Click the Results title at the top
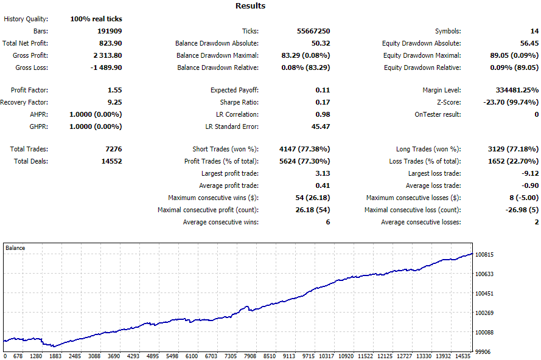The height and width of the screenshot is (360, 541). [251, 6]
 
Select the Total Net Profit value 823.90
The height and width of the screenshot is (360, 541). [110, 43]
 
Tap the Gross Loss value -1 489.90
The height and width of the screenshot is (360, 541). [106, 67]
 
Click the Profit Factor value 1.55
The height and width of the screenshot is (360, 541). [115, 90]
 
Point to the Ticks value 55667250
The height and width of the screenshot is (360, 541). [313, 31]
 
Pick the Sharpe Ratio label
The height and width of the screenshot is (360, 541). [239, 102]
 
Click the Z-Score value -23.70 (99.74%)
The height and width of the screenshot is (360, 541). [511, 102]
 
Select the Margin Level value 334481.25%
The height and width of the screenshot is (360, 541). [517, 90]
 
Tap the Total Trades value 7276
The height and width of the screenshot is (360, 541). [114, 149]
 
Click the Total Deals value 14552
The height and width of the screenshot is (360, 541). [112, 161]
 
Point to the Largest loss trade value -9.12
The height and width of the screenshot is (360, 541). [530, 173]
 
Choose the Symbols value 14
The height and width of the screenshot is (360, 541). [534, 31]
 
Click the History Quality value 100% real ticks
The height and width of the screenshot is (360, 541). [96, 19]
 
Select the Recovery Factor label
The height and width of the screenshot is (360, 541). [24, 102]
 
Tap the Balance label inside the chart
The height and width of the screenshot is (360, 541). [15, 248]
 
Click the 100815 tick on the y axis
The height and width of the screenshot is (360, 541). [484, 255]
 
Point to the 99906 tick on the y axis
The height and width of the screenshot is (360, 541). [483, 351]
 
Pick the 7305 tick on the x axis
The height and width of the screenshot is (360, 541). [231, 356]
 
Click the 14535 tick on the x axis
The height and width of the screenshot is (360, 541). [462, 356]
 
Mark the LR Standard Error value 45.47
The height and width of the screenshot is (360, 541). [321, 126]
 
